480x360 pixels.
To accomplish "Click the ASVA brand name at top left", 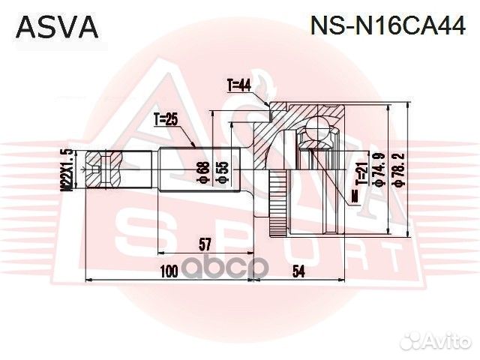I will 57,27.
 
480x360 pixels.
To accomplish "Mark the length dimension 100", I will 168,271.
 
